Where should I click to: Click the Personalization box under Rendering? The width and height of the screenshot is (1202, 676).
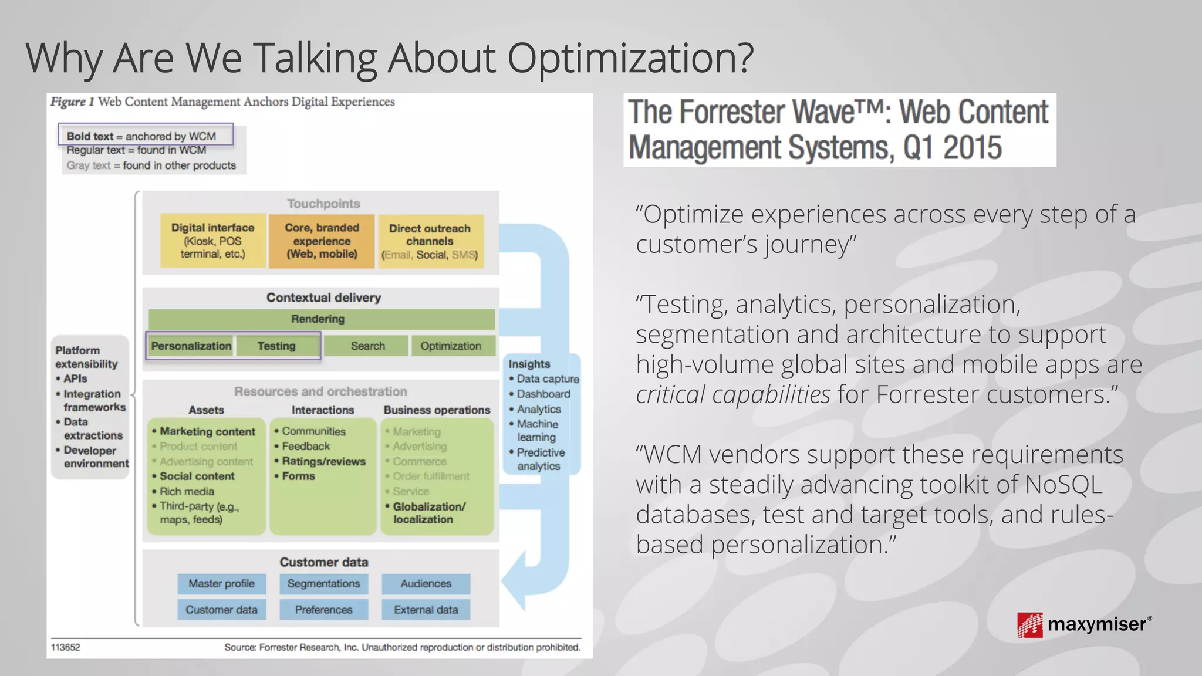pyautogui.click(x=191, y=346)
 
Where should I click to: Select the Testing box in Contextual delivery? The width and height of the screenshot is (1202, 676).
pyautogui.click(x=277, y=346)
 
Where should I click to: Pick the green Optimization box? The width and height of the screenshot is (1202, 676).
pyautogui.click(x=451, y=346)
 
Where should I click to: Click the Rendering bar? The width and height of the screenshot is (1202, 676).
pyautogui.click(x=321, y=319)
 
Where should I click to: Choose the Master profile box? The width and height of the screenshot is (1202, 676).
pyautogui.click(x=221, y=584)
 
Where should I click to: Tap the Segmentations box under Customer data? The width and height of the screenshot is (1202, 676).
pyautogui.click(x=324, y=584)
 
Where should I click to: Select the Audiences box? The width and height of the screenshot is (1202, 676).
pyautogui.click(x=426, y=584)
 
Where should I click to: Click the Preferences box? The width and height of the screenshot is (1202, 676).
pyautogui.click(x=324, y=610)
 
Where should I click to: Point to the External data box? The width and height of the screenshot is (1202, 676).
pyautogui.click(x=426, y=610)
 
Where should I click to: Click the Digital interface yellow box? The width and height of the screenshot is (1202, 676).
pyautogui.click(x=212, y=241)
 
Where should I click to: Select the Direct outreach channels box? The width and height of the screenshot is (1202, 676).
pyautogui.click(x=430, y=241)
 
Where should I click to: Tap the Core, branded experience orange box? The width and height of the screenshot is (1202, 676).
pyautogui.click(x=322, y=241)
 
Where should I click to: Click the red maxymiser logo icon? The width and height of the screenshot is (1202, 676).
pyautogui.click(x=1030, y=625)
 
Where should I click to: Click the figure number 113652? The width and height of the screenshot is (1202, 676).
pyautogui.click(x=66, y=647)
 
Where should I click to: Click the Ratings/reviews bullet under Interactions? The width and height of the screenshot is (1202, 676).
pyautogui.click(x=323, y=461)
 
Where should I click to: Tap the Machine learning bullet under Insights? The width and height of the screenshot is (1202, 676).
pyautogui.click(x=538, y=430)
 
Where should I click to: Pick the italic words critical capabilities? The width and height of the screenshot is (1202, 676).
pyautogui.click(x=733, y=394)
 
